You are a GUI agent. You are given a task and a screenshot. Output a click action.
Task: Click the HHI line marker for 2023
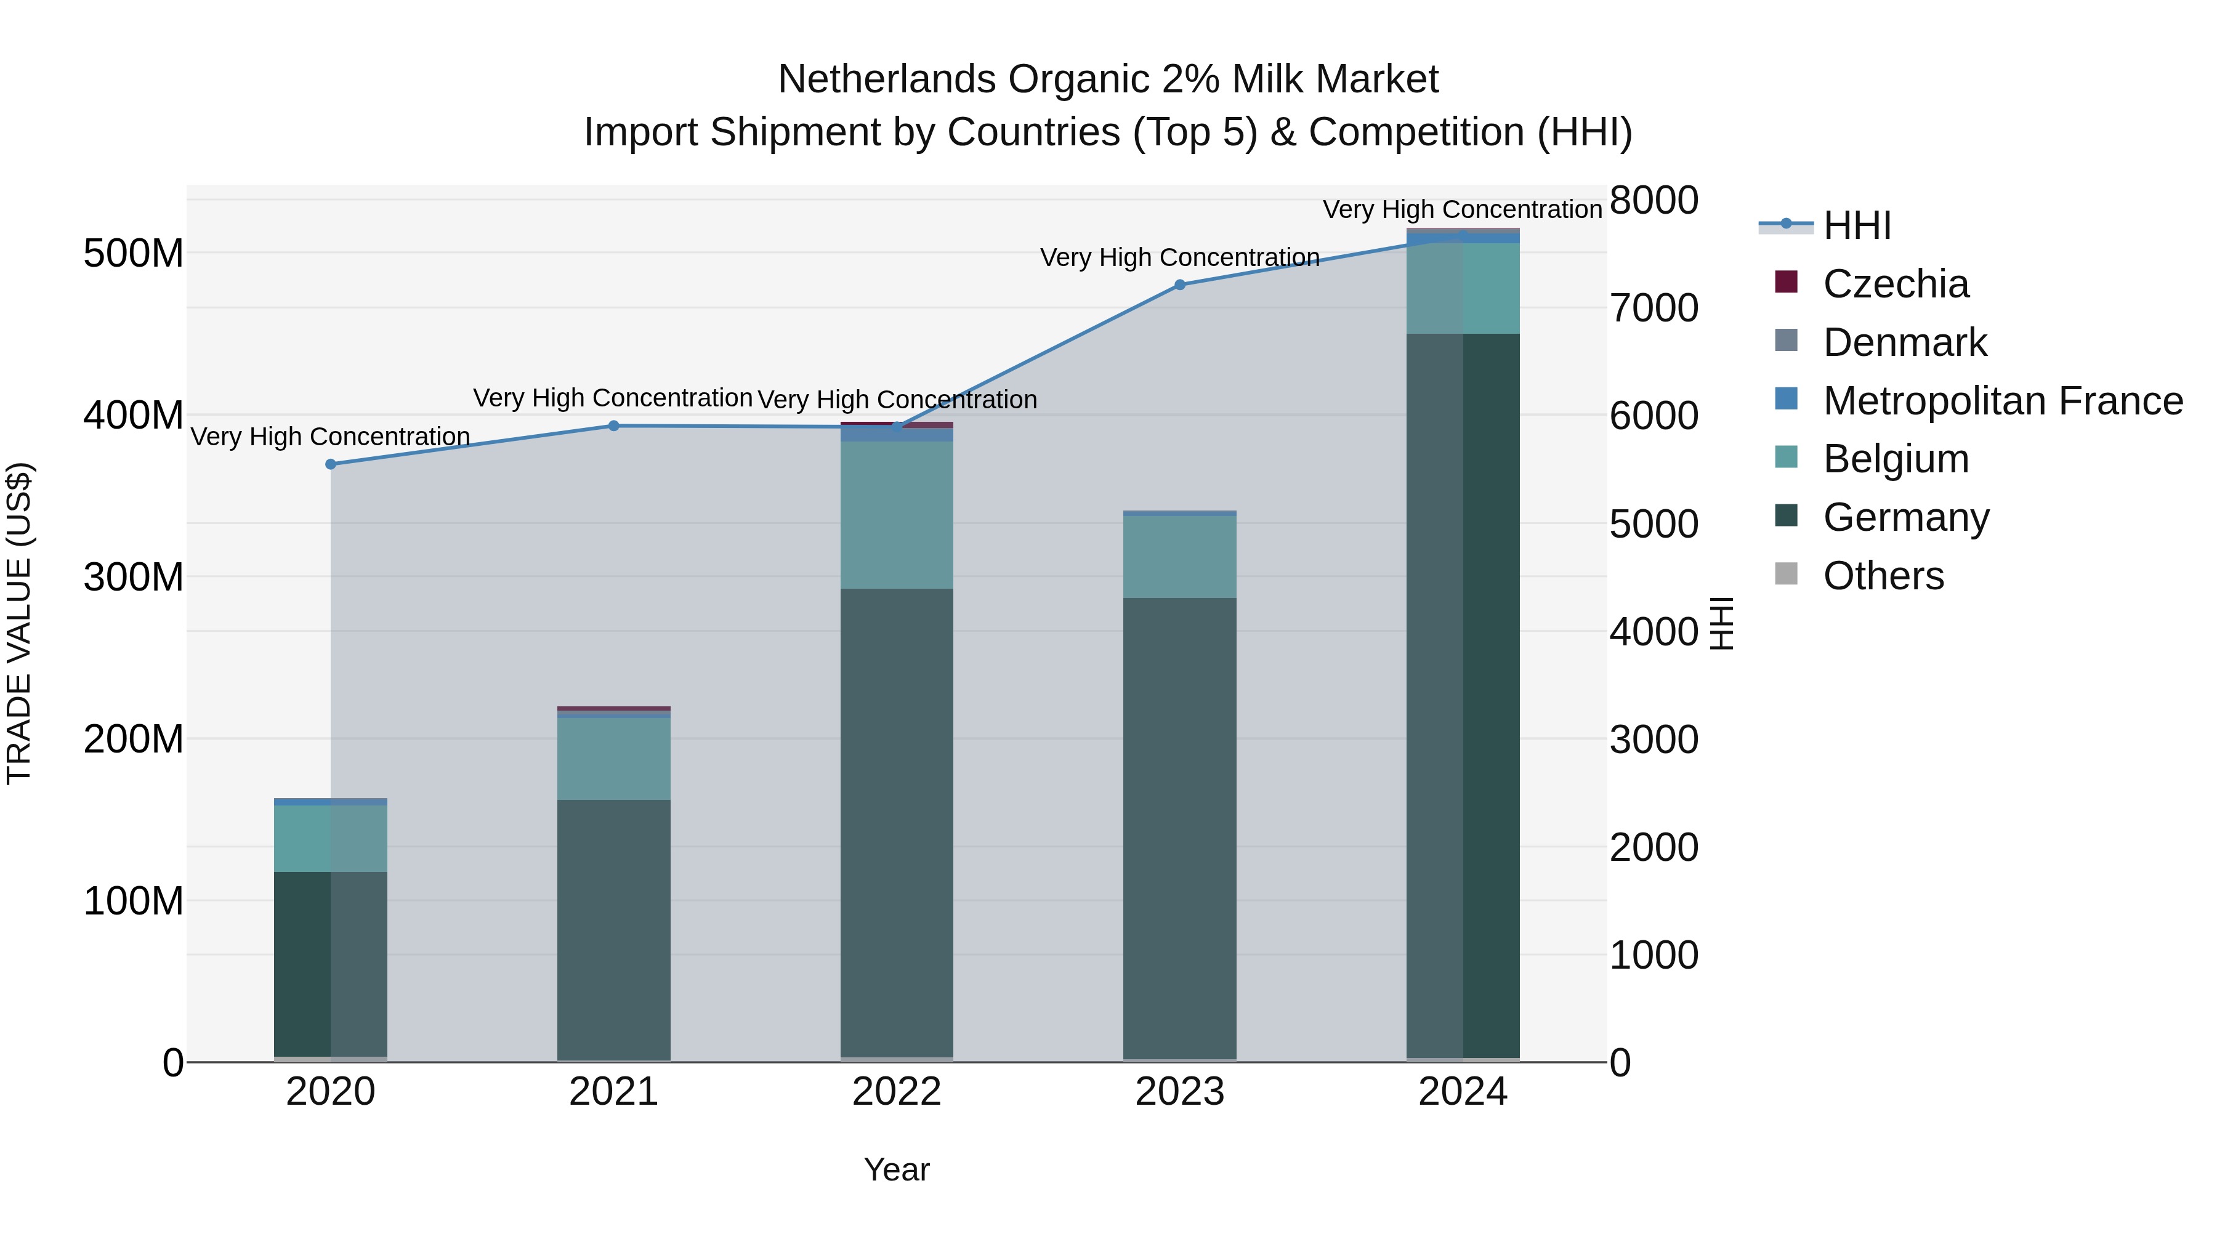(x=1180, y=285)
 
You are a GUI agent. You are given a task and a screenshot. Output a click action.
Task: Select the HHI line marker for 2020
(x=331, y=464)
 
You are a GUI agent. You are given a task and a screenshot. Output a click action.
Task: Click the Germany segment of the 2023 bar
(x=1180, y=826)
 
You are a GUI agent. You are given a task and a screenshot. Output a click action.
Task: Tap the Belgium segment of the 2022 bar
(x=897, y=515)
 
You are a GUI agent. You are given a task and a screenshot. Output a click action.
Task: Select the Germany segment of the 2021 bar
(x=613, y=929)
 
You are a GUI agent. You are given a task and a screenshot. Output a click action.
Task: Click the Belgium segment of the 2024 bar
(x=1463, y=288)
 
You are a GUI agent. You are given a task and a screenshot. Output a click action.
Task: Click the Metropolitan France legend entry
(x=2002, y=401)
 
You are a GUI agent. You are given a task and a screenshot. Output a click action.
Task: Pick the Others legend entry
(x=1883, y=576)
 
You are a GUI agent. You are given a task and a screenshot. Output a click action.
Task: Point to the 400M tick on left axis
(x=134, y=416)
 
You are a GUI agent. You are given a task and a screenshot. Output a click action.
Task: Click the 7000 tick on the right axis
(x=1654, y=308)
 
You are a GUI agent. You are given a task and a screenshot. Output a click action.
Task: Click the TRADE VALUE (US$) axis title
(x=19, y=623)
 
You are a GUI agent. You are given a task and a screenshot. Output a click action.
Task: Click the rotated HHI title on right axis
(x=1721, y=623)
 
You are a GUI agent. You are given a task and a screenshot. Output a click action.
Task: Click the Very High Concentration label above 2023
(x=1180, y=257)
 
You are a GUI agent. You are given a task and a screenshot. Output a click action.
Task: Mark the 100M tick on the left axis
(x=134, y=901)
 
